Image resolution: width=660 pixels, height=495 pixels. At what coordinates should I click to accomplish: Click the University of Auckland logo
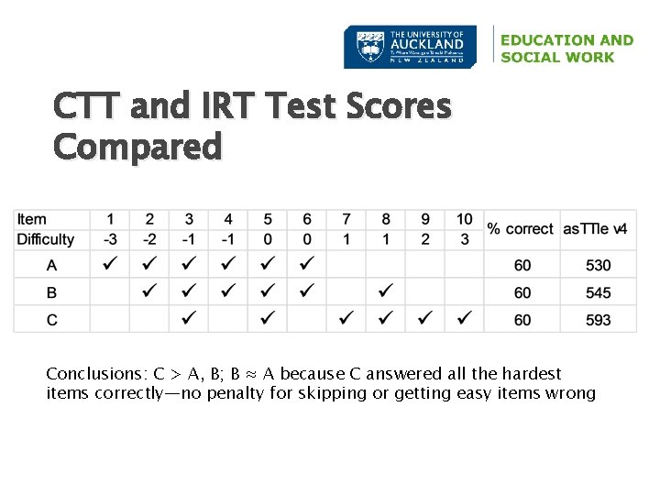coord(410,47)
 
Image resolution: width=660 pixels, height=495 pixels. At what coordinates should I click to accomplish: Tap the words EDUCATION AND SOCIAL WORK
coord(566,49)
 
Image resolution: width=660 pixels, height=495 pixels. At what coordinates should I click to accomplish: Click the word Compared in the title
coord(137,147)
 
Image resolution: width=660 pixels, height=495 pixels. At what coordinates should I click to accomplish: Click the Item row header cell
coord(32,219)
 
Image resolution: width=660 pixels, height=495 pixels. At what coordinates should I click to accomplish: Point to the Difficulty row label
coord(46,239)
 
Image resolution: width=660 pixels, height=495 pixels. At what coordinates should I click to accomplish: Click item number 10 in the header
coord(465,219)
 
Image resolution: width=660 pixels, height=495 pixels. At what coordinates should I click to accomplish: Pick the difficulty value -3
coord(110,239)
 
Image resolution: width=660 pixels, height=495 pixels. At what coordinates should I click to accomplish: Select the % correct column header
coord(521,229)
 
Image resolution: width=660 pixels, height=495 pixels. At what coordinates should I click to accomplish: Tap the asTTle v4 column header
coord(595,229)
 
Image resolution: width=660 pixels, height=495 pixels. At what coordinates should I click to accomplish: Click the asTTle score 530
coord(598,266)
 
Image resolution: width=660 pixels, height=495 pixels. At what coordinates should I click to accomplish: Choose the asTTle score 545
coord(598,293)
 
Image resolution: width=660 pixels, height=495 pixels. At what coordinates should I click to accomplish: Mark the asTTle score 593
coord(598,320)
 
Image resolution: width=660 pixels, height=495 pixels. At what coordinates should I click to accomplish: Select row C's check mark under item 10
coord(465,320)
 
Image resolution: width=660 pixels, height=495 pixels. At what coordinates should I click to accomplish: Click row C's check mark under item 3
coord(189,320)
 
